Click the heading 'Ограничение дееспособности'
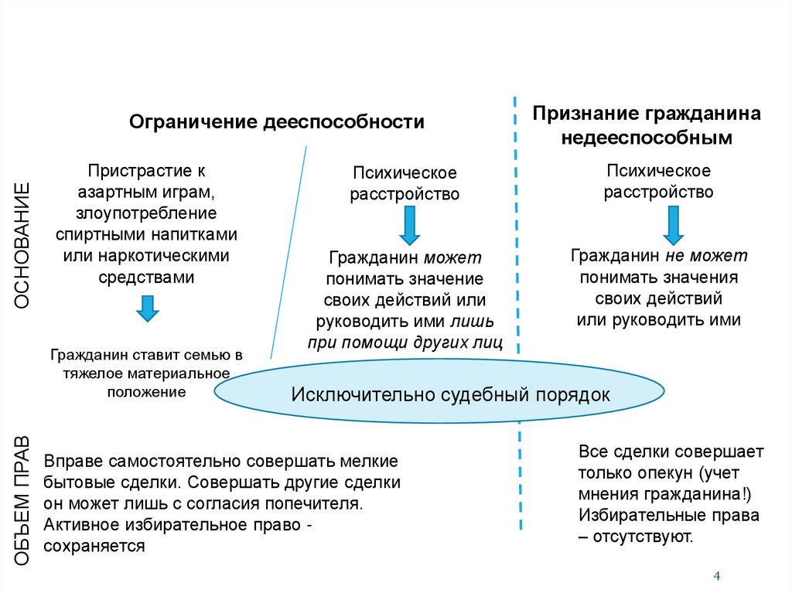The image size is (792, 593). coord(276,122)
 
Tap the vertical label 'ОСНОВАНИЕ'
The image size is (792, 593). coord(22,246)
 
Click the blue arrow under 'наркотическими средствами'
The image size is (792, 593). coord(147,308)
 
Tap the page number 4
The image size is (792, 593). coord(716,576)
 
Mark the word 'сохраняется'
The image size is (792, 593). coord(95,546)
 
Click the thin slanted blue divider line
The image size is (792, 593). coord(289,247)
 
